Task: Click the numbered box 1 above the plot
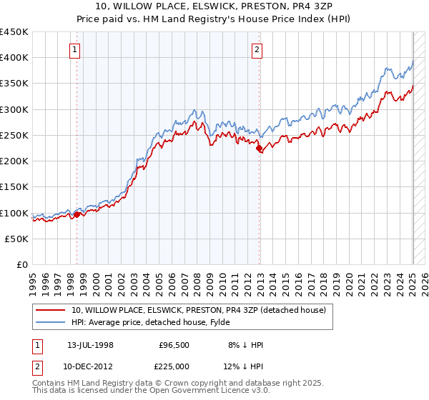coord(75,49)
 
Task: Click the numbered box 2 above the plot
coord(257,49)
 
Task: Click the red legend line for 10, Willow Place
coord(51,310)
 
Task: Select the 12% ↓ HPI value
coord(245,366)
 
